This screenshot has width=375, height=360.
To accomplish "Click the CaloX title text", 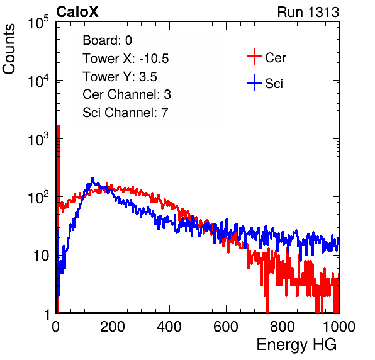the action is click(77, 12).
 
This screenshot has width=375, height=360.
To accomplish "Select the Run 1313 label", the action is click(308, 12).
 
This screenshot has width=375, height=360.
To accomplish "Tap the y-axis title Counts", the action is click(9, 49).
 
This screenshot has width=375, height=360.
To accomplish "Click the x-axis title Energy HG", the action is click(296, 345).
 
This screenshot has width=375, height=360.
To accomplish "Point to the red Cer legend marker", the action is click(254, 57).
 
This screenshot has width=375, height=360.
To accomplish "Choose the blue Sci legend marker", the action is click(254, 82).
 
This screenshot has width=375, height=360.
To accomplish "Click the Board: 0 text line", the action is click(107, 40).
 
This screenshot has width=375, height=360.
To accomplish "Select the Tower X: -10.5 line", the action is click(126, 59).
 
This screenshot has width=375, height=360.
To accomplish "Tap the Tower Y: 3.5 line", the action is click(120, 77).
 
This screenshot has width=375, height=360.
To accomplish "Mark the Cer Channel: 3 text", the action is click(126, 94).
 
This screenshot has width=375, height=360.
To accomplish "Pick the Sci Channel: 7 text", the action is click(125, 113).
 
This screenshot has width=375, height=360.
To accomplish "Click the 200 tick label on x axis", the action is click(113, 327).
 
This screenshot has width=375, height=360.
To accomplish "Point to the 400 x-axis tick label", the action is click(169, 327).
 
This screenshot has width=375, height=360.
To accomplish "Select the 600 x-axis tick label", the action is click(226, 327).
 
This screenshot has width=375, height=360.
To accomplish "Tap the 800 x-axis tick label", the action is click(283, 327).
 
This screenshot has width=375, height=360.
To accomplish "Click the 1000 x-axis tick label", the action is click(339, 327).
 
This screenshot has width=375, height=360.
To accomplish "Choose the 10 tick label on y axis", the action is click(42, 256).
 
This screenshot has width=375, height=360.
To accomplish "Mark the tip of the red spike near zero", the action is click(59, 125).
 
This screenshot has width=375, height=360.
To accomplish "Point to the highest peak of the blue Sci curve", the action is click(92, 178).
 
